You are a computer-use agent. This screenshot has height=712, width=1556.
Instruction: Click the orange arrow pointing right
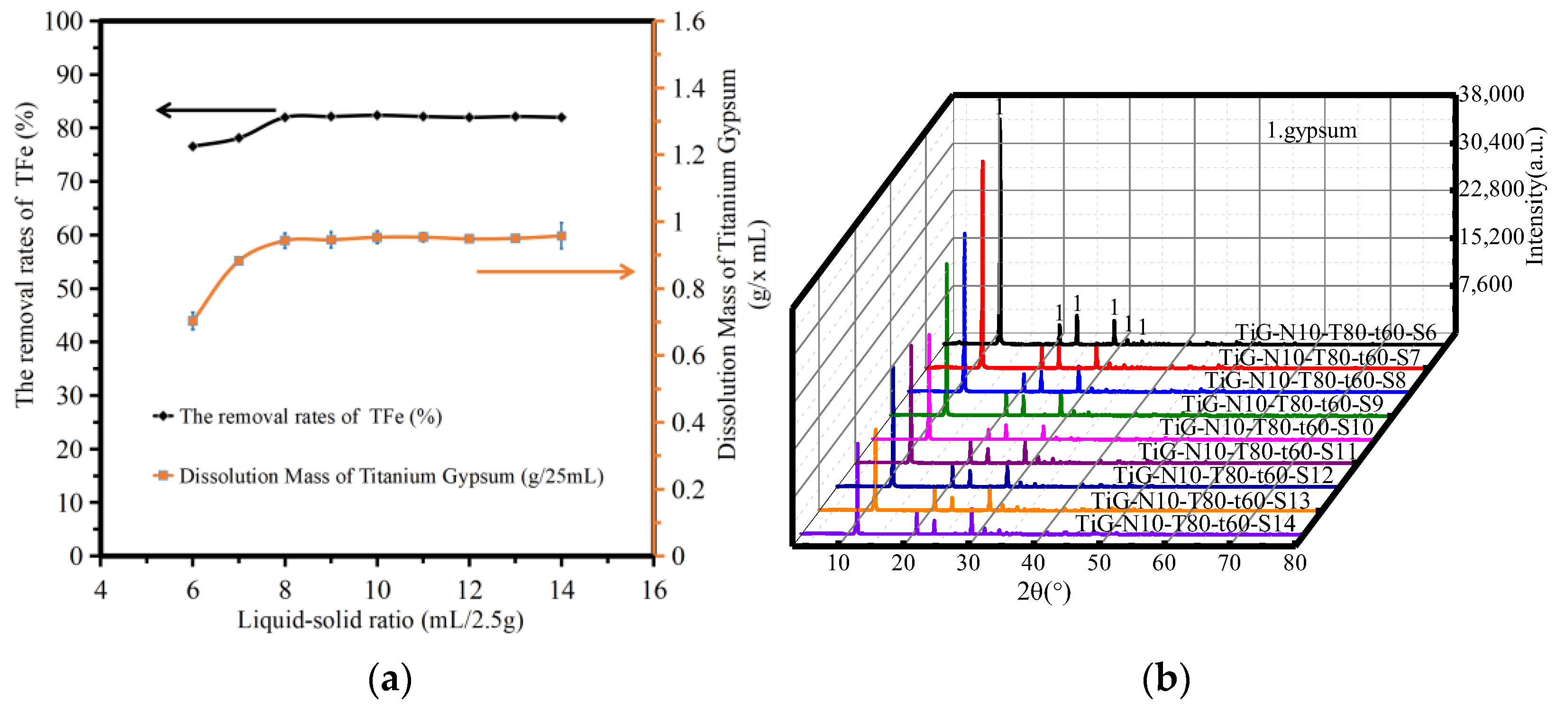[555, 272]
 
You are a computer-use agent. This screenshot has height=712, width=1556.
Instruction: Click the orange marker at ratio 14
[561, 236]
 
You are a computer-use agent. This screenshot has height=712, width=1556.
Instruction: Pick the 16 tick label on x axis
[654, 590]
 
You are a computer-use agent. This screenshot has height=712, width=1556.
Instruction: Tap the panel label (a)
[390, 679]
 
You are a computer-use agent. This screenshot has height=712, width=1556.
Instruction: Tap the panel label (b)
[1165, 679]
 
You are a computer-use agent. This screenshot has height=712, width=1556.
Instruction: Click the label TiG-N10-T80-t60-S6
[1336, 333]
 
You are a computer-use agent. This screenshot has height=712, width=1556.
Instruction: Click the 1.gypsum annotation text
[1311, 130]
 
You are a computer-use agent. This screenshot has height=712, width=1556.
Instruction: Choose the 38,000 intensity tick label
[1491, 94]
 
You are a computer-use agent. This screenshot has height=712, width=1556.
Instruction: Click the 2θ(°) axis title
[1043, 591]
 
